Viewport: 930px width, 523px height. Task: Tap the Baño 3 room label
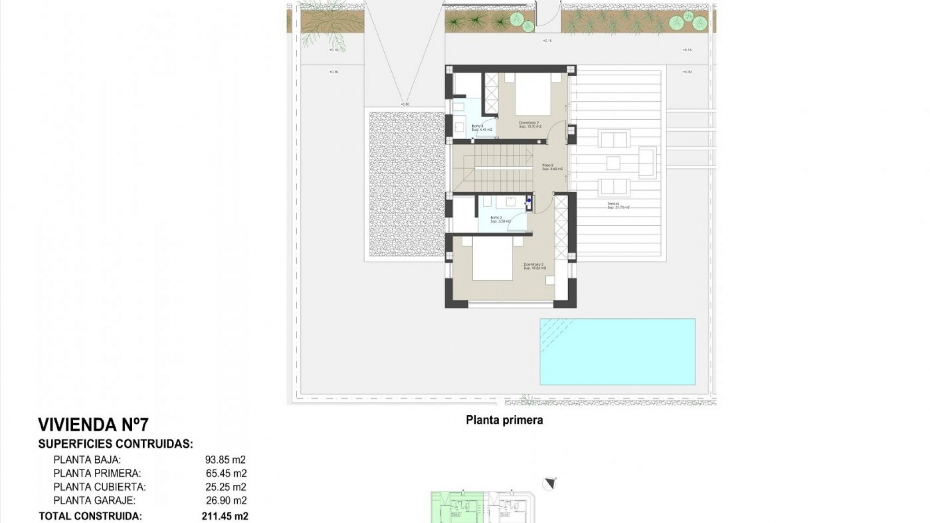pos(481,128)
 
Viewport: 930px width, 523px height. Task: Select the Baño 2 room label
pos(500,219)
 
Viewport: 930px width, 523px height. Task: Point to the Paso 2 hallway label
pos(552,167)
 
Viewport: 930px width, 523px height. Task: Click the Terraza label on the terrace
pos(618,205)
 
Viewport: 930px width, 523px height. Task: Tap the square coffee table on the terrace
pos(613,163)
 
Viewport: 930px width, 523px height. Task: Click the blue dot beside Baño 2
pos(529,200)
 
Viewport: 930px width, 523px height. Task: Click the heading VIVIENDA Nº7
pos(93,425)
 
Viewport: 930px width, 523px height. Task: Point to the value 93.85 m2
pos(225,460)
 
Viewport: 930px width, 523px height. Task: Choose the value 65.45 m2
pos(226,474)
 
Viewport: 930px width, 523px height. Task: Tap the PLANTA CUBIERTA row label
pos(99,487)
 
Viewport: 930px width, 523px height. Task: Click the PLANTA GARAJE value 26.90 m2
pos(226,501)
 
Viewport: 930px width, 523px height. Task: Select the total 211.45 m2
pos(225,516)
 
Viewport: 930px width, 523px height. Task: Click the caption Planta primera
pos(504,420)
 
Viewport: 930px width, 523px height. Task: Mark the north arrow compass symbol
pos(549,484)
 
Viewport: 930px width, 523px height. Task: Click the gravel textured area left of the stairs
pos(406,184)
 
